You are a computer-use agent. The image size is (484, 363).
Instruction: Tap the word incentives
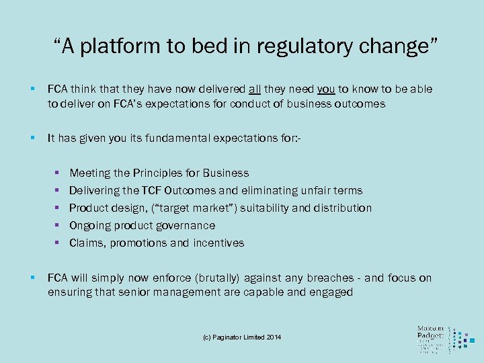pos(218,243)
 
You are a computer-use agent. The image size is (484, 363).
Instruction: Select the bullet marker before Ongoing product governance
pos(59,226)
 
